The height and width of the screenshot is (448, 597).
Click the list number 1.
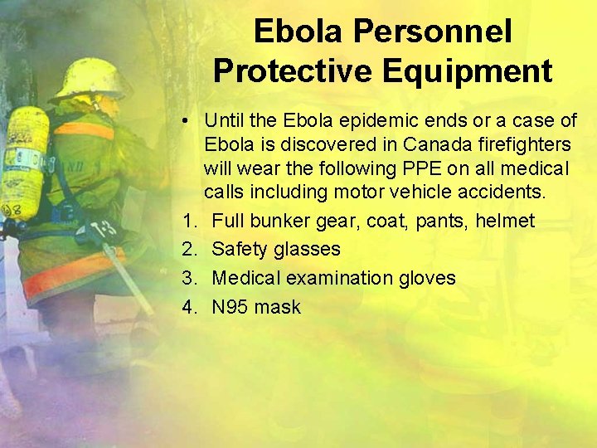pos(190,222)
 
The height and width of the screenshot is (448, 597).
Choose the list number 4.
pos(190,307)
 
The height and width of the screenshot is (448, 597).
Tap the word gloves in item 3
pos(425,278)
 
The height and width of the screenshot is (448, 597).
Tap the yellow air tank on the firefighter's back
pos(23,162)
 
